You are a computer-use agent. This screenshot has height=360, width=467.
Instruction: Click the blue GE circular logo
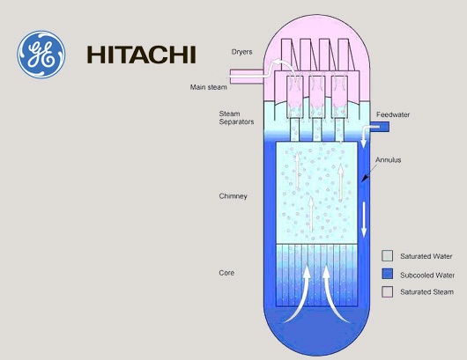tap(41, 55)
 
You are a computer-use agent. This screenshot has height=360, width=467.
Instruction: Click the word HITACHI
tap(141, 55)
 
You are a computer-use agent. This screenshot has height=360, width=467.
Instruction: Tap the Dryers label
tap(241, 52)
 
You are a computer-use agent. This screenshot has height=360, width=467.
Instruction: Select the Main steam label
tap(209, 87)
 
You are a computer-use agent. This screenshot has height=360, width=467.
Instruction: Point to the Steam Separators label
tap(236, 118)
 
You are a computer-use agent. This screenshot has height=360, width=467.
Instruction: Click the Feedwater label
tap(393, 114)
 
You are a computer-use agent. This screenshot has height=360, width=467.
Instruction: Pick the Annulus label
tap(388, 160)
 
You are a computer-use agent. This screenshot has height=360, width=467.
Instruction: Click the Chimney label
tap(233, 196)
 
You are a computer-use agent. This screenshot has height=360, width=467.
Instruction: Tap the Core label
tap(226, 273)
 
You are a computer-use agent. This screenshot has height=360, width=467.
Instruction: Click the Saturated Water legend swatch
tap(387, 256)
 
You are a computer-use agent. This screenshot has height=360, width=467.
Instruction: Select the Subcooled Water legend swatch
tap(387, 274)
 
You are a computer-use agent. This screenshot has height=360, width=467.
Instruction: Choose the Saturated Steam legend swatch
tap(387, 292)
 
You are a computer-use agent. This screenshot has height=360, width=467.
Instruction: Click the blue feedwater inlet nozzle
tap(380, 127)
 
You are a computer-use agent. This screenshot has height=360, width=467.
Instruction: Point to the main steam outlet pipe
tap(247, 77)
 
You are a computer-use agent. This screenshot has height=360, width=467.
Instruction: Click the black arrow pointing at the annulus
tap(368, 173)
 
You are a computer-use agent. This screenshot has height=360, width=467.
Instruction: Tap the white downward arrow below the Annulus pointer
tap(364, 219)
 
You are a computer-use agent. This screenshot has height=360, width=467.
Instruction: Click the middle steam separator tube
tap(317, 107)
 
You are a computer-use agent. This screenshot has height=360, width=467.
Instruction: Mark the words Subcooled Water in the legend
tap(427, 276)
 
